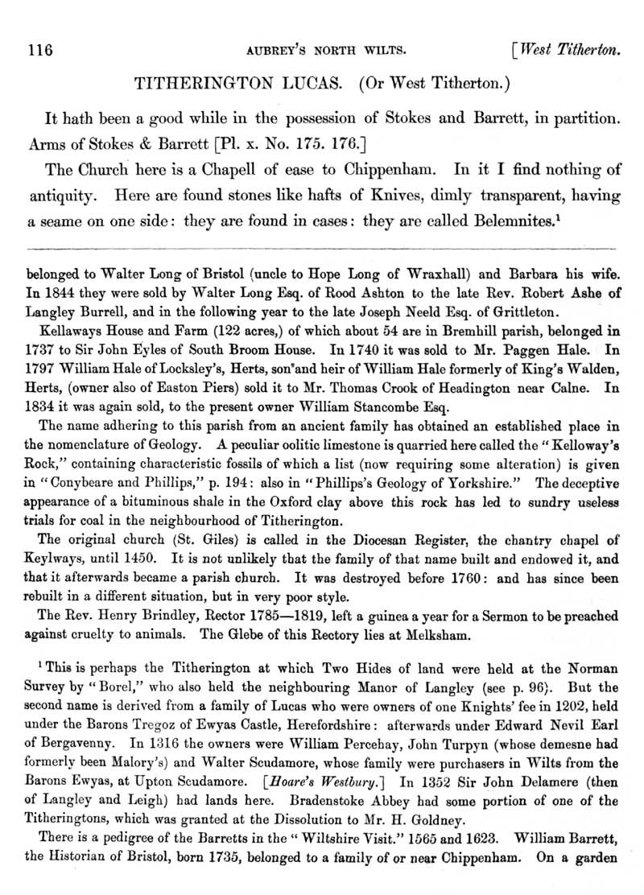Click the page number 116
point(39,50)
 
